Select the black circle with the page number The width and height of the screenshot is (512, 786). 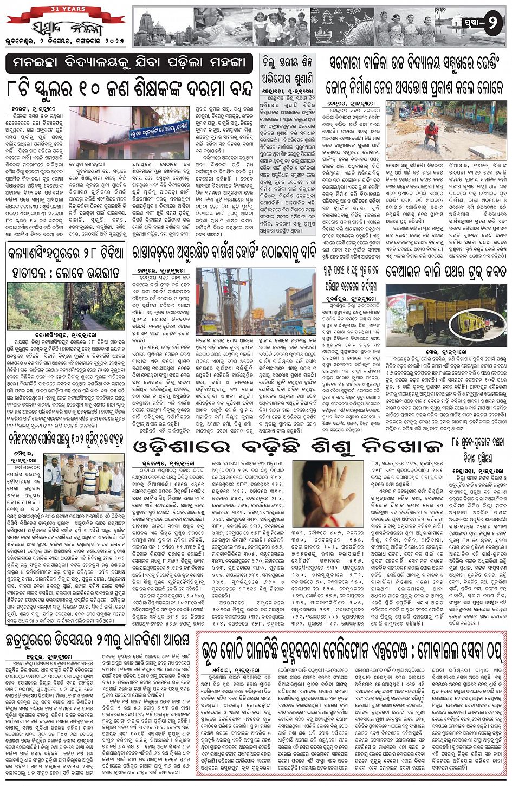tap(492, 24)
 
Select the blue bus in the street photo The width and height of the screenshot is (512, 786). tap(291, 325)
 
